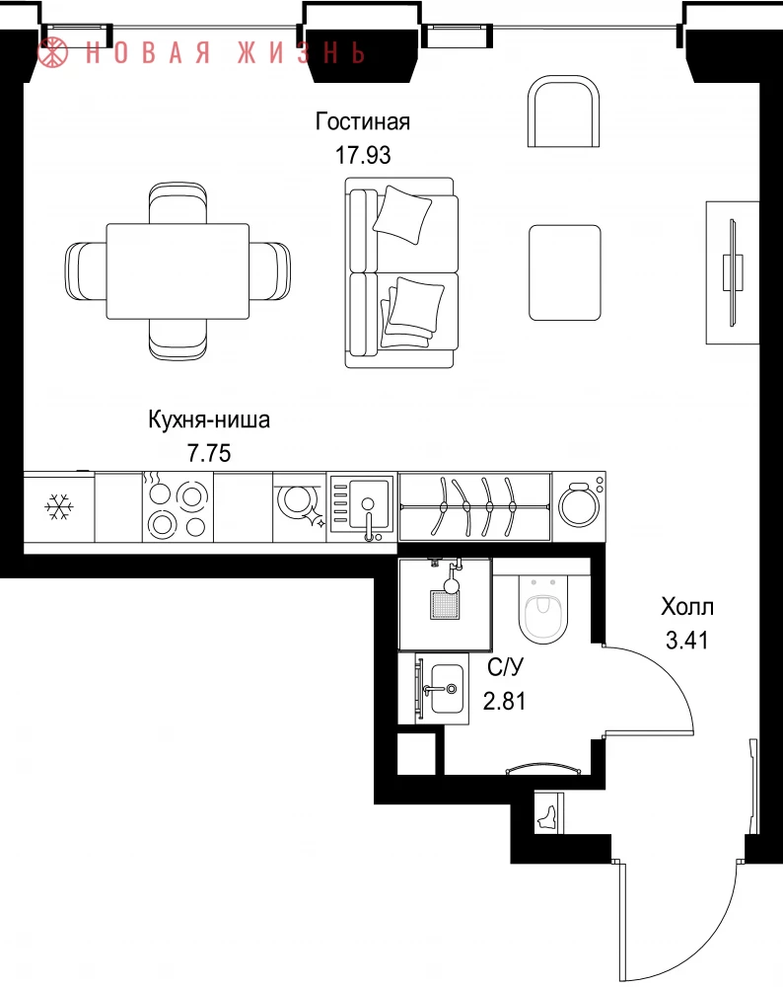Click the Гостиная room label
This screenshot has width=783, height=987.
(x=362, y=120)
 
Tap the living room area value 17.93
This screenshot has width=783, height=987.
(x=363, y=154)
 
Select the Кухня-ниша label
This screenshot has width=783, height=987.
(x=209, y=419)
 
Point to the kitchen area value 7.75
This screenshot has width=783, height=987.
(x=209, y=453)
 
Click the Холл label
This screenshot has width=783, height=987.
(x=687, y=607)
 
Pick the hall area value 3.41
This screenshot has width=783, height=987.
(x=687, y=641)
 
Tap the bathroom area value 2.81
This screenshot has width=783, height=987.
(x=504, y=700)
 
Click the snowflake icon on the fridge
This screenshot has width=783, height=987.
(x=60, y=506)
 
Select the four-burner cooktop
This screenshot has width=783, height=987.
(x=178, y=506)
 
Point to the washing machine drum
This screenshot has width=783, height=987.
(x=579, y=504)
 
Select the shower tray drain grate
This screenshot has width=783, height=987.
(x=445, y=604)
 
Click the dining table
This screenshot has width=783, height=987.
(x=178, y=271)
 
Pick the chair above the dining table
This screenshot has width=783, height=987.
(x=178, y=202)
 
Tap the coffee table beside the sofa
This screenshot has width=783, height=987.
(x=565, y=272)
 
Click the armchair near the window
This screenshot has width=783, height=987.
(x=563, y=112)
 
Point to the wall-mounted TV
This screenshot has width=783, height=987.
(x=732, y=272)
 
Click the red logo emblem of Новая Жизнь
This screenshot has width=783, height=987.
(x=52, y=52)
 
